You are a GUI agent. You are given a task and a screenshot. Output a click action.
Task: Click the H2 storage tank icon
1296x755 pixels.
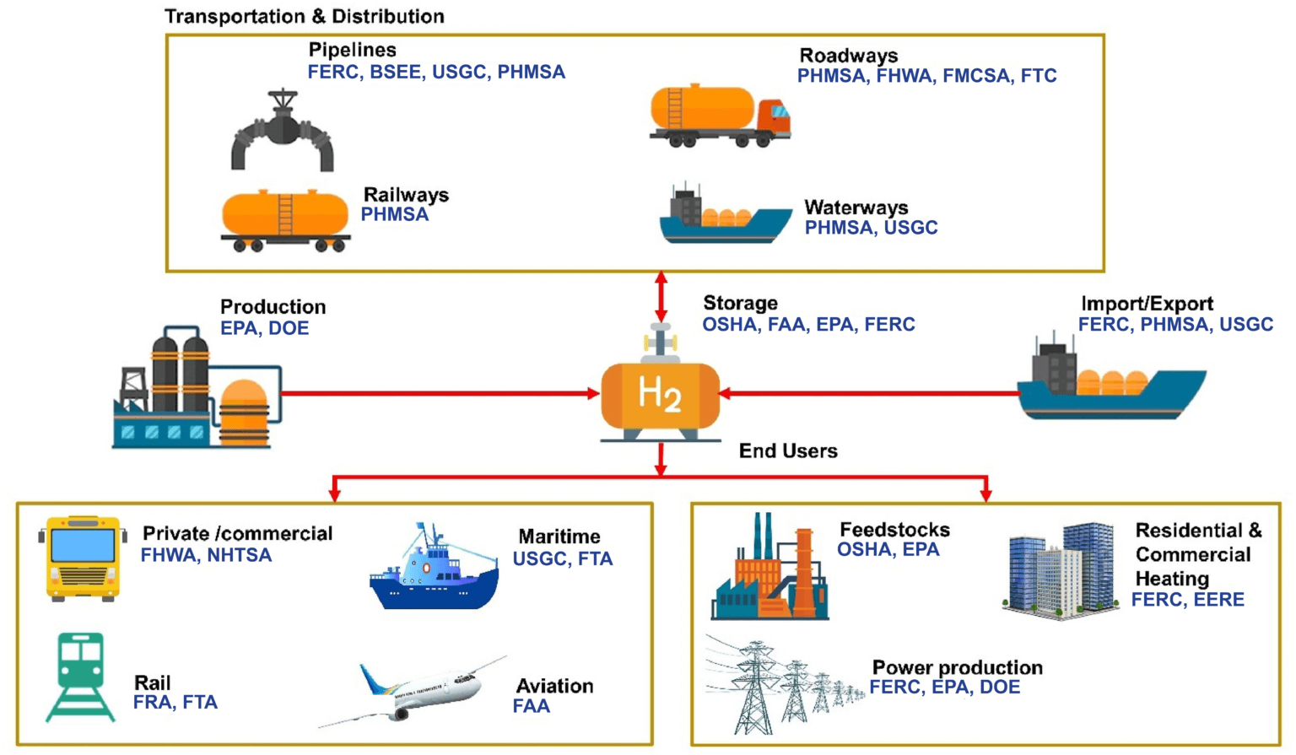click(x=660, y=395)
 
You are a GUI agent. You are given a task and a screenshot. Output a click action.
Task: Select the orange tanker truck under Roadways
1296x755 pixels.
click(x=719, y=116)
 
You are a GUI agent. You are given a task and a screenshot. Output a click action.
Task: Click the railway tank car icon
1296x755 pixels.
click(x=285, y=220)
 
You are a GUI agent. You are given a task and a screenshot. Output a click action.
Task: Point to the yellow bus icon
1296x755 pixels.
click(x=83, y=558)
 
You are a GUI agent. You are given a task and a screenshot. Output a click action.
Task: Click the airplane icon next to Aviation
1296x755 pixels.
click(x=413, y=692)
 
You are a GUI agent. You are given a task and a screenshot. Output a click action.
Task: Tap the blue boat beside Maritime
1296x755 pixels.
click(x=434, y=569)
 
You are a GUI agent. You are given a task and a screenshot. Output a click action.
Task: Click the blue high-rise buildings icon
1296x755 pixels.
click(x=1061, y=570)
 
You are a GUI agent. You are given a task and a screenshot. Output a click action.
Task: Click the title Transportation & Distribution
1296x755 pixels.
click(x=304, y=16)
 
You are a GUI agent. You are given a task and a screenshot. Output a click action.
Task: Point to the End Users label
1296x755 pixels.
click(x=788, y=451)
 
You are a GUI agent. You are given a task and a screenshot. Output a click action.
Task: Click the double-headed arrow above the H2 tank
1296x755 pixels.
click(x=661, y=296)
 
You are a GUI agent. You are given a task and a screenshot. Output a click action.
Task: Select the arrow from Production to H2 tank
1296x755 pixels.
click(x=439, y=393)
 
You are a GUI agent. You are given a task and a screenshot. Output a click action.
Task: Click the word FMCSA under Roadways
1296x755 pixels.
click(x=976, y=76)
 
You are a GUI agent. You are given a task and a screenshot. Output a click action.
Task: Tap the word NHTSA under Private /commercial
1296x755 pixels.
click(x=240, y=555)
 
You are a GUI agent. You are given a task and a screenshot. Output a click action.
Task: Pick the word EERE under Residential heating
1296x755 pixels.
click(x=1218, y=600)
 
